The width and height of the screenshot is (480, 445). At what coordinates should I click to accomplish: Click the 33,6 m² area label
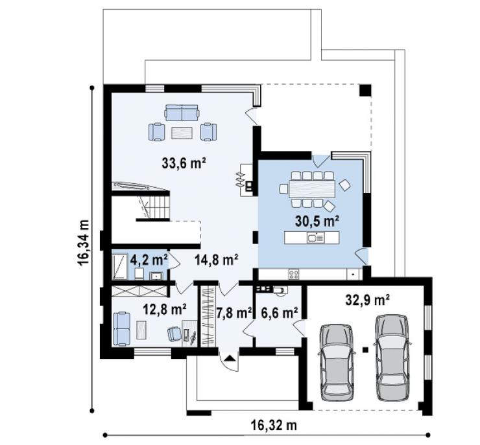(x=184, y=163)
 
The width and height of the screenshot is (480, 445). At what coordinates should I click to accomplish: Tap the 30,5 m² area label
(x=317, y=221)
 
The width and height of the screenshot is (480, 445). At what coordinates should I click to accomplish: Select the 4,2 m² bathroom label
(x=149, y=260)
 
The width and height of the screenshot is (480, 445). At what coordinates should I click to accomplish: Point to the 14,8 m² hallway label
(x=217, y=260)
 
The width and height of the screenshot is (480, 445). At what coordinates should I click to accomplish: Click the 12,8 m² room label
(x=165, y=309)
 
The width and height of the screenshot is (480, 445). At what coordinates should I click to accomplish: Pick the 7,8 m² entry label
(x=234, y=312)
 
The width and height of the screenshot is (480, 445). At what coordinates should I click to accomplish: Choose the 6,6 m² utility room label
(x=280, y=312)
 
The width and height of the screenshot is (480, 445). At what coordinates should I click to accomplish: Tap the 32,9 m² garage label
(x=367, y=300)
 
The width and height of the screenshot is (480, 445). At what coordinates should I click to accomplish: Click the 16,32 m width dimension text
(x=274, y=425)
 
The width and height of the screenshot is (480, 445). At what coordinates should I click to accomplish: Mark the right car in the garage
(x=392, y=358)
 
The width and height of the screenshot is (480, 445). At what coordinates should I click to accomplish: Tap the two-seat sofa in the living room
(x=182, y=113)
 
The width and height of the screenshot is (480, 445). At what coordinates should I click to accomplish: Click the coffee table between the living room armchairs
(x=182, y=133)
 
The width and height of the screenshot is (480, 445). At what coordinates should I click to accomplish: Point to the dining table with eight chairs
(x=311, y=189)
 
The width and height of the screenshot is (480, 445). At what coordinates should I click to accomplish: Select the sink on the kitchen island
(x=315, y=238)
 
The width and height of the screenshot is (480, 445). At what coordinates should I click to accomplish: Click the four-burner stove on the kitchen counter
(x=294, y=274)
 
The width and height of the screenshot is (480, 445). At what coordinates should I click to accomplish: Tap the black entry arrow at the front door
(x=229, y=358)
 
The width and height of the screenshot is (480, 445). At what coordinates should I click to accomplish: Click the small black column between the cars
(x=365, y=349)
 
